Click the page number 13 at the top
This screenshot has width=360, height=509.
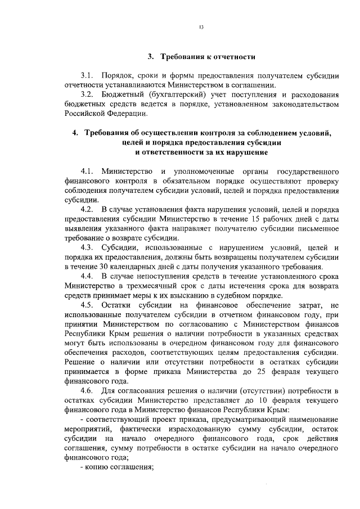[201, 27]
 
